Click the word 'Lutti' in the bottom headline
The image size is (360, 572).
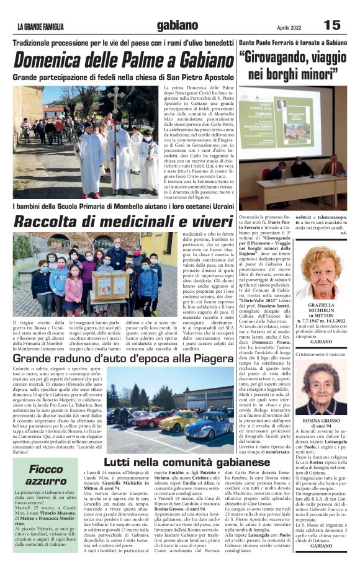(120, 462)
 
